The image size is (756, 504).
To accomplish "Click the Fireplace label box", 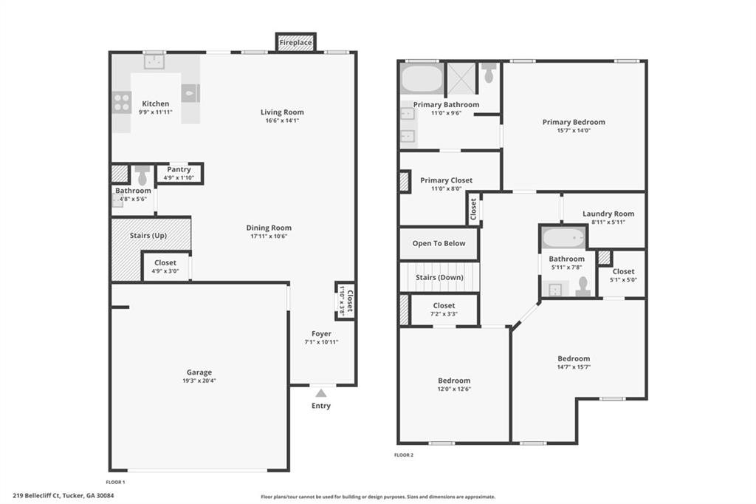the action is coord(295,42).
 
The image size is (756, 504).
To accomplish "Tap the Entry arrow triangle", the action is coord(321,393).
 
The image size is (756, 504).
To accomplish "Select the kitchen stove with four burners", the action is coord(122,102).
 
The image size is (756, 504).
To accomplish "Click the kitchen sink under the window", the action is coord(154,62).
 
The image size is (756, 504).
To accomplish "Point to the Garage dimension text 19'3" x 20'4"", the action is coord(199,381).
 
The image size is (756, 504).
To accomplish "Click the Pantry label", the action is coord(179,169).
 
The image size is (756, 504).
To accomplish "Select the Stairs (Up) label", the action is coord(148,236).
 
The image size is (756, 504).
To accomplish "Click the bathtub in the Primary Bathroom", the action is coord(422,79).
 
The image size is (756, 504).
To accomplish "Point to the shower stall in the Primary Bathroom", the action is coord(462,79).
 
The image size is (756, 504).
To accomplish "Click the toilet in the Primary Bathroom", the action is coord(489,72).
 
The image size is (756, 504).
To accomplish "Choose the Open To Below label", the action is coord(439,243).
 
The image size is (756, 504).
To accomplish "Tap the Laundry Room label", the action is coord(608,214).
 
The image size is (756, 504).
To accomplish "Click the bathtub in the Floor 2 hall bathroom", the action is coord(563,237).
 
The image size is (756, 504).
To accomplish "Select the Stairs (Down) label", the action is coord(439,277).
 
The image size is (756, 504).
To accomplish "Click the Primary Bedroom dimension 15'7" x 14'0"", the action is coord(574,130).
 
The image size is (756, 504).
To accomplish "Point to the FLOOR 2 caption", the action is coord(404,454).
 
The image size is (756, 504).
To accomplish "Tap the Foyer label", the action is coord(321,333).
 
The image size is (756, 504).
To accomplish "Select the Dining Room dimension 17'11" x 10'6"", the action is coord(269,236).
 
